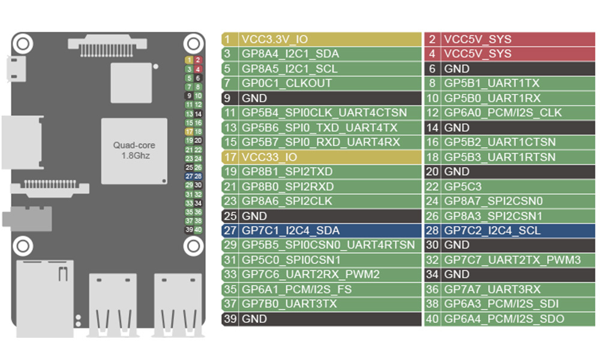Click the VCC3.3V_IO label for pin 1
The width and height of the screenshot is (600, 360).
[x=274, y=40]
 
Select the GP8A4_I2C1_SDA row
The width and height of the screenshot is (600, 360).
[x=290, y=54]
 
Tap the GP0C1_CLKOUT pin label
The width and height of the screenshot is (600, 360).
[x=286, y=83]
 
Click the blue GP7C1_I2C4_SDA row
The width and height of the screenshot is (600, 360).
[x=290, y=230]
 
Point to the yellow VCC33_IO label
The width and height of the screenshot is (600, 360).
[x=269, y=157]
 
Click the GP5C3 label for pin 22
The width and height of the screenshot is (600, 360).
[x=463, y=186]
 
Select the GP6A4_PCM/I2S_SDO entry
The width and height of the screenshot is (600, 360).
[x=503, y=319]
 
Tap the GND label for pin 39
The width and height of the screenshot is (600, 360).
[x=254, y=319]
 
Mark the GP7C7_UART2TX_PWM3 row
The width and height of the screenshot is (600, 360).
[x=512, y=260]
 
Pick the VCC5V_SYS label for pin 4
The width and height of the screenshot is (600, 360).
[x=478, y=54]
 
